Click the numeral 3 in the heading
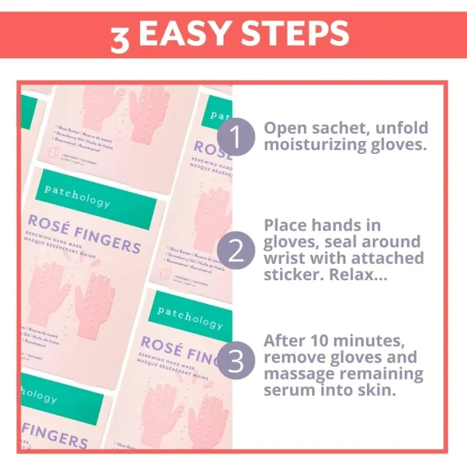(120, 37)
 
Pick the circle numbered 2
(236, 251)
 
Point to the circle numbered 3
(236, 361)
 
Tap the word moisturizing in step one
(313, 146)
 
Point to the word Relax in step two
(363, 277)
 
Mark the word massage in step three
(296, 374)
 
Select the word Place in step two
(288, 225)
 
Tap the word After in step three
(284, 340)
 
